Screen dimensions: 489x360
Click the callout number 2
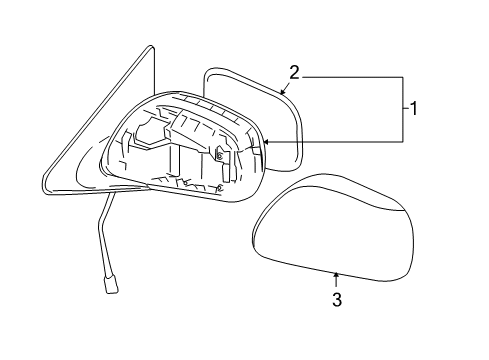pos(295,71)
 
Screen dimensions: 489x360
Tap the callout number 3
pos(337,300)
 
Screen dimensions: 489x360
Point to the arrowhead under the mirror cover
pos(337,273)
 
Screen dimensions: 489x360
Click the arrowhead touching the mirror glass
pos(284,93)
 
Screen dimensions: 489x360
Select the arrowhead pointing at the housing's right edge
pos(266,144)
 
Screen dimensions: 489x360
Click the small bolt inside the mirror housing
pos(218,155)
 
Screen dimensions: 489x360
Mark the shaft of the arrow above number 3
pos(337,281)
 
